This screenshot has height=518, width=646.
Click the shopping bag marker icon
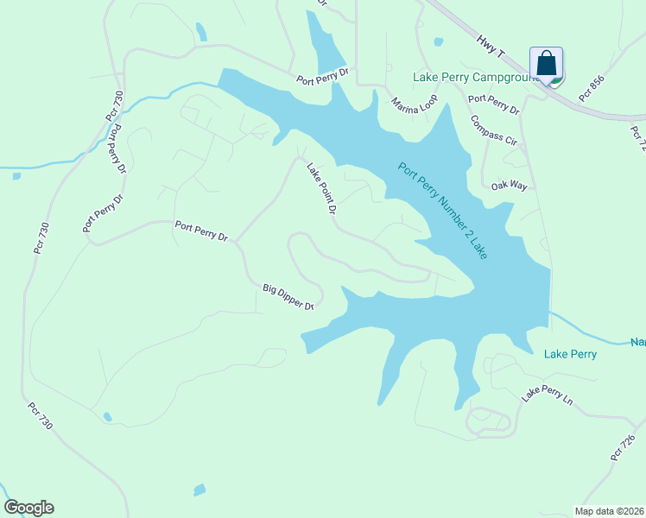point(546,64)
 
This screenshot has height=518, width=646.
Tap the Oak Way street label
point(509,186)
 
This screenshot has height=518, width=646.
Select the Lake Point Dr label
point(320,187)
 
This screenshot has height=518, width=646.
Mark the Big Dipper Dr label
point(288,296)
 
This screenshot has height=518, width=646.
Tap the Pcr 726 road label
point(623,446)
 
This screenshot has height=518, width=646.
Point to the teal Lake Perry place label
point(570,354)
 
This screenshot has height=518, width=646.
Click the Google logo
point(28,508)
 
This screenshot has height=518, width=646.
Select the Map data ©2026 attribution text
point(610,511)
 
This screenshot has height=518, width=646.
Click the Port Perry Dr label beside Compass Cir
point(494,104)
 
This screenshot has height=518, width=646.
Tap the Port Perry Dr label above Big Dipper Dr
point(200,231)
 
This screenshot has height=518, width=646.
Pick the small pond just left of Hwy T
point(439,41)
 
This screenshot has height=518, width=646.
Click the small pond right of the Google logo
point(199,490)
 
